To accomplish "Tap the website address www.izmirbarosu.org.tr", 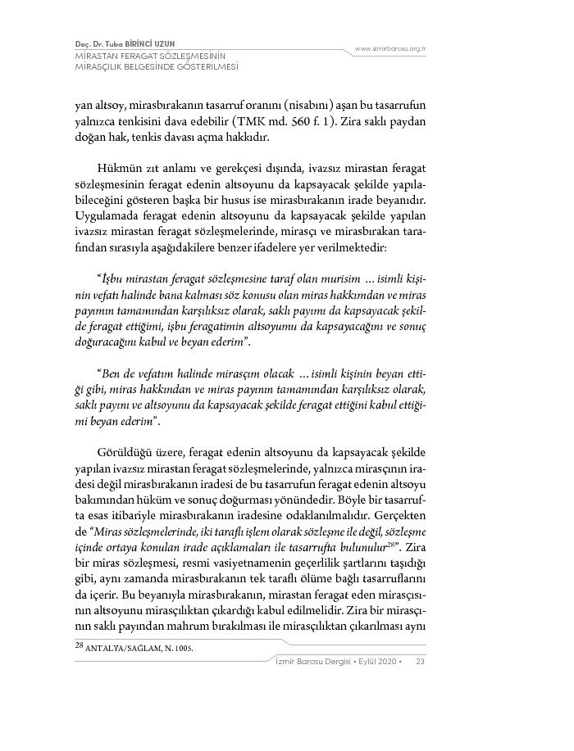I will (390, 49).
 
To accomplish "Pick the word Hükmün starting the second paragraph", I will (117, 167).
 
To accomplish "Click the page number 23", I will (420, 662).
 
